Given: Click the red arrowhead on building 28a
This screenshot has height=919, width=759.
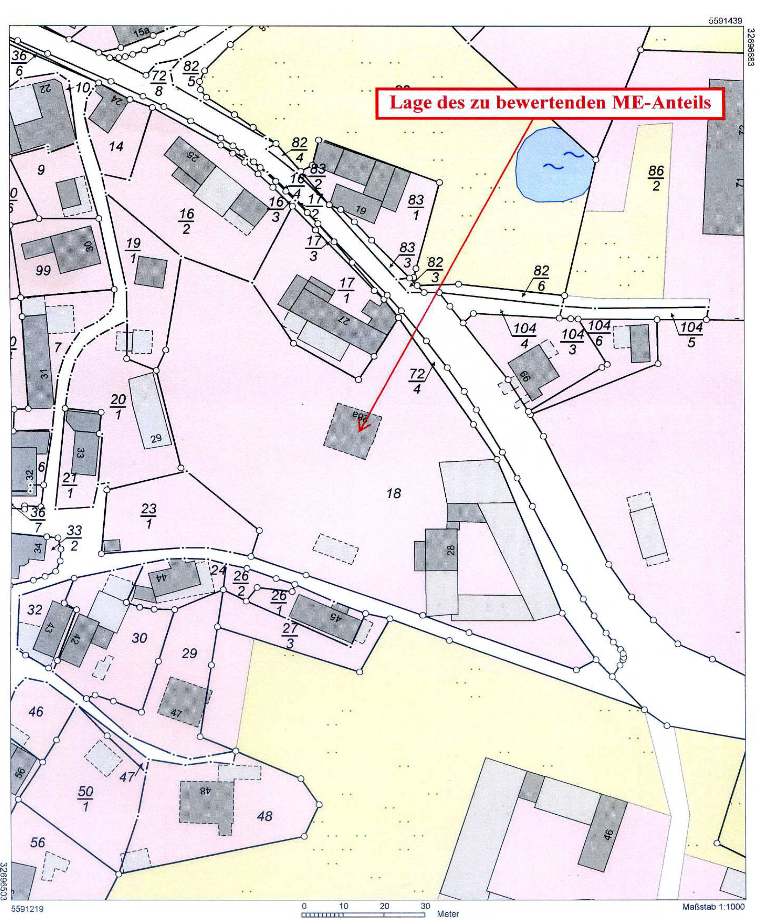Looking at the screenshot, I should [361, 425].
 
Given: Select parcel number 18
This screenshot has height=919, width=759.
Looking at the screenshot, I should [394, 494].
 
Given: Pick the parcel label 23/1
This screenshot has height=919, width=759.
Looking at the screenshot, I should [149, 516].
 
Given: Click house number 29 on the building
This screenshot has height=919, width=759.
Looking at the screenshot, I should [156, 438].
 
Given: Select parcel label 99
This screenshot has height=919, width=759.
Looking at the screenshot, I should [43, 271].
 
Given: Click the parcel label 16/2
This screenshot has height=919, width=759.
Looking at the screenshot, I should [187, 221].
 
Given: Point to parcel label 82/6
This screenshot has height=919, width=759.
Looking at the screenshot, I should [541, 278].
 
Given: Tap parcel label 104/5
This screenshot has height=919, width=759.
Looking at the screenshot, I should [691, 334].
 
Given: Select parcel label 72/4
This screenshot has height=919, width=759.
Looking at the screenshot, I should [417, 381].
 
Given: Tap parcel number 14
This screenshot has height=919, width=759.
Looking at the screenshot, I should [116, 146].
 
